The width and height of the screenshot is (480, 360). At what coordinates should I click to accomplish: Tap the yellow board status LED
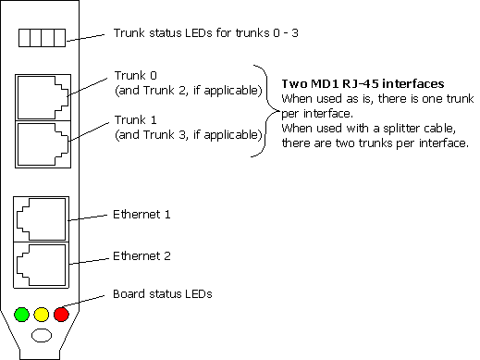pos(42,315)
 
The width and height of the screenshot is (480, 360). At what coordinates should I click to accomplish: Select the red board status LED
pos(61,315)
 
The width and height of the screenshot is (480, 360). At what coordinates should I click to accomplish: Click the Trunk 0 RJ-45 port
pos(42,95)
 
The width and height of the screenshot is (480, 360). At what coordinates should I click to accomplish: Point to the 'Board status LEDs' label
pos(163,294)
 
